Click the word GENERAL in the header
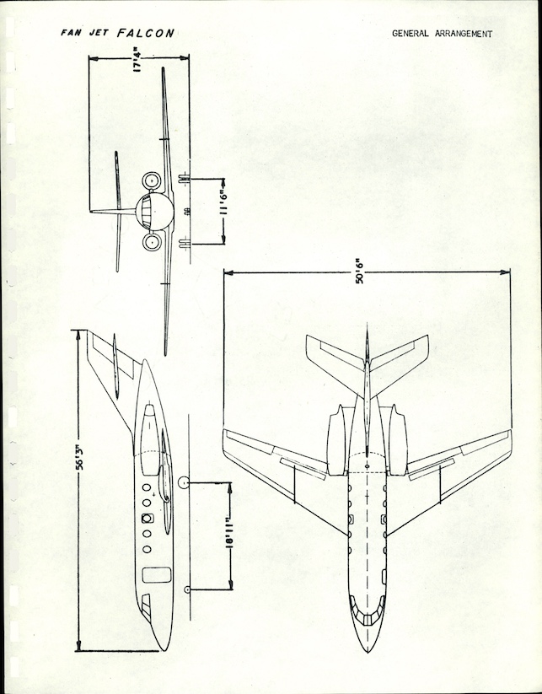click(410, 35)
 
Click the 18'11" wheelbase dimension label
click(226, 536)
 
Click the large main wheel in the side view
click(184, 483)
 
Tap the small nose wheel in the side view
click(185, 587)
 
